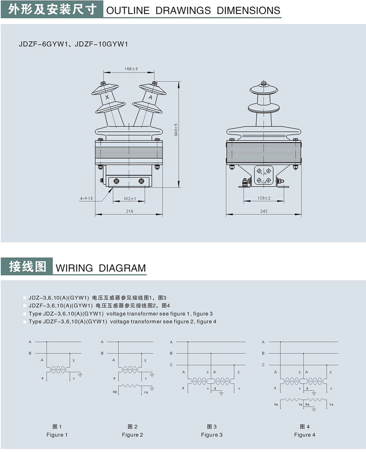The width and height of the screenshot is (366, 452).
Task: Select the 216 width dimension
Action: [x=130, y=211]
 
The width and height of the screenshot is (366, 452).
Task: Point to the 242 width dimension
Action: [x=264, y=211]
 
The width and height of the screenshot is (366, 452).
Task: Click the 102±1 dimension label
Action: [x=130, y=199]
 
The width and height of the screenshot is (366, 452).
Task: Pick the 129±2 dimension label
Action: [x=264, y=198]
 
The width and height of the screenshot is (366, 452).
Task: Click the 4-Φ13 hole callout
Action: [x=86, y=199]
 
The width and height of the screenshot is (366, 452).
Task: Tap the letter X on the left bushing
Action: [x=107, y=97]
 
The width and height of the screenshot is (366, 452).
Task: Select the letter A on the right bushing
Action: [x=150, y=97]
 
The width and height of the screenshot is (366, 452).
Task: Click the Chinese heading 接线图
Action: [x=27, y=267]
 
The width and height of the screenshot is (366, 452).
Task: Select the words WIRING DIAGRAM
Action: [x=101, y=268]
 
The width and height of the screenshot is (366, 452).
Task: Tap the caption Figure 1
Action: [x=57, y=435]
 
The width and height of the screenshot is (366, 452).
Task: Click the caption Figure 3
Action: [x=212, y=435]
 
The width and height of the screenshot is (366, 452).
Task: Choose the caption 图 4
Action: [x=305, y=427]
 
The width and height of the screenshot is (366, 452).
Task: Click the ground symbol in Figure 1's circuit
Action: [x=81, y=375]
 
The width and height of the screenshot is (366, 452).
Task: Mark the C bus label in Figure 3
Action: [x=171, y=365]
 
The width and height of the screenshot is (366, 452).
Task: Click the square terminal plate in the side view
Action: [x=264, y=175]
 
